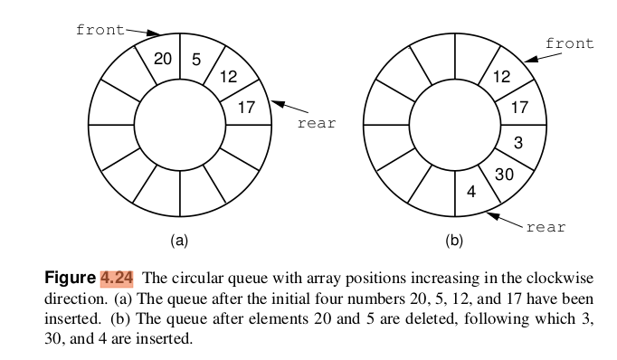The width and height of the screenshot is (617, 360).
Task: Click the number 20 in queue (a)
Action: pos(163,60)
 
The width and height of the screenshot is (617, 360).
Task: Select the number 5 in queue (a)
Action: pos(196,60)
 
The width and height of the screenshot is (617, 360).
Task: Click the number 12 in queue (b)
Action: pos(501,77)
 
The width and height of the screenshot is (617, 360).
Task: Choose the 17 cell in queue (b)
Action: pos(520,108)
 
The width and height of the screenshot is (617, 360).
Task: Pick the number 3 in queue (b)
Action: pos(518,142)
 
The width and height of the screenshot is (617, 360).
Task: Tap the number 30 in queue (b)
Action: pos(505,175)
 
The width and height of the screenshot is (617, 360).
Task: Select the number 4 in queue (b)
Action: pos(470,192)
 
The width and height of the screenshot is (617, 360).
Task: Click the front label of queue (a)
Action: pos(100,29)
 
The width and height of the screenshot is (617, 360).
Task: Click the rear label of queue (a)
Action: pos(316,123)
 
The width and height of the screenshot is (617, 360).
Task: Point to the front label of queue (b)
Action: pos(570,43)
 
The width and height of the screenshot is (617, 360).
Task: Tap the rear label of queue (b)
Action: pos(546,227)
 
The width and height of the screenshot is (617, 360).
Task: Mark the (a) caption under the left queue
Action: pos(179,241)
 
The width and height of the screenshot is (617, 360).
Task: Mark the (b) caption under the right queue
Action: pos(454,241)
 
